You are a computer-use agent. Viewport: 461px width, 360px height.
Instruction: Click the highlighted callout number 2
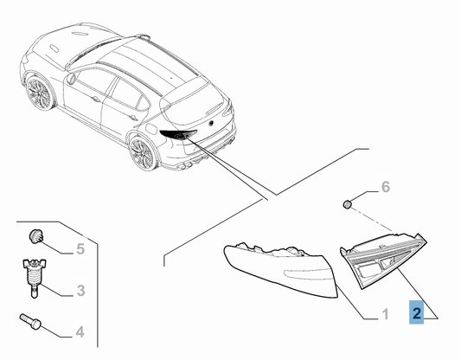point(416,313)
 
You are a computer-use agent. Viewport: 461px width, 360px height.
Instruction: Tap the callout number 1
point(385,314)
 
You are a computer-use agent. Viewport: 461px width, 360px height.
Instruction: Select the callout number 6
point(386,187)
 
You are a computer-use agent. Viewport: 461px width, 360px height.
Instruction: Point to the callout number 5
point(80,249)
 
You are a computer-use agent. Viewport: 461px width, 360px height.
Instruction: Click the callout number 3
point(80,291)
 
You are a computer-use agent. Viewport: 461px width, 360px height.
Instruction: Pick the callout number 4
point(80,332)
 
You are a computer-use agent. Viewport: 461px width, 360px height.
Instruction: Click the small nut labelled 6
point(348,204)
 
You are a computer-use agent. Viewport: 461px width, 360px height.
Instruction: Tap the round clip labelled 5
point(36,236)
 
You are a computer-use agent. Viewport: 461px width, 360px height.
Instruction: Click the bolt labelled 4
point(30,321)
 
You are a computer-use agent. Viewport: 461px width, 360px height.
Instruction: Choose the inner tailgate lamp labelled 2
point(383,259)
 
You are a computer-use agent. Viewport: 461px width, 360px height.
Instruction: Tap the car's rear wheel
point(143,153)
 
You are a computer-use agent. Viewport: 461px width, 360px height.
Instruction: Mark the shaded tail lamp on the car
point(178,134)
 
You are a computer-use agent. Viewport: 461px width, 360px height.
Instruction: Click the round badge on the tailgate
point(211,123)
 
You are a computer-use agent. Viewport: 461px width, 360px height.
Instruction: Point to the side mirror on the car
point(72,79)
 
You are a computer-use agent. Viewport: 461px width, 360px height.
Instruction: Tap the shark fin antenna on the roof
point(143,36)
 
